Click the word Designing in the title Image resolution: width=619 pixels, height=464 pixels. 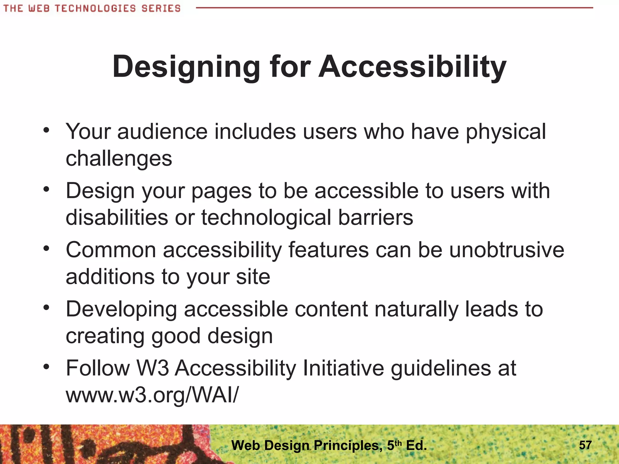tap(186, 67)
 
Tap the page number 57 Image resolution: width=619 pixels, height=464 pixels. tap(585, 445)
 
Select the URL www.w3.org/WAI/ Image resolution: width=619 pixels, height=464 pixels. tap(152, 395)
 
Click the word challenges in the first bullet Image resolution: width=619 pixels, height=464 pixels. tap(119, 159)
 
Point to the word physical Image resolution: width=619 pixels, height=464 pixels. tap(506, 132)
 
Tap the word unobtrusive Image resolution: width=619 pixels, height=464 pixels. tap(507, 250)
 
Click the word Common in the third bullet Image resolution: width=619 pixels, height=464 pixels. tap(111, 250)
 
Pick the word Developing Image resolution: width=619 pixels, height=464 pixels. tap(121, 310)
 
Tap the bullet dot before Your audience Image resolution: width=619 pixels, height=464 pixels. tap(46, 130)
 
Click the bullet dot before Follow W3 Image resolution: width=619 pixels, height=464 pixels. tap(46, 367)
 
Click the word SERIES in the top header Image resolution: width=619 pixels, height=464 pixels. tap(161, 8)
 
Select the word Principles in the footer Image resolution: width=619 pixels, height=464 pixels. tap(346, 445)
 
